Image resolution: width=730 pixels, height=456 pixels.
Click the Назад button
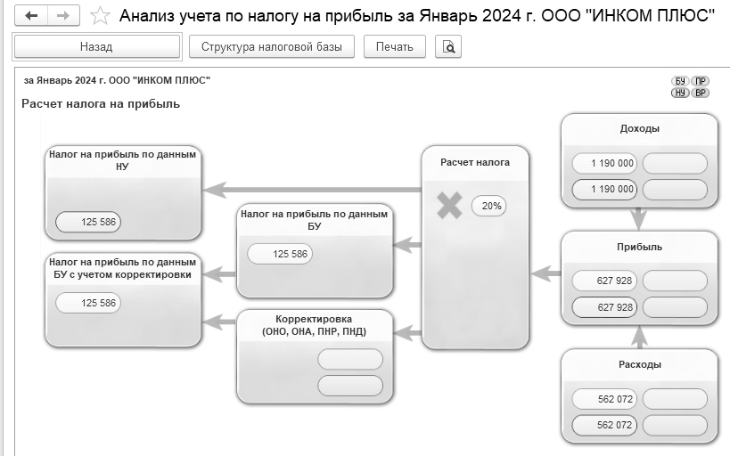[97, 46]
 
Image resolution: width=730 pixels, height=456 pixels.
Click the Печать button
[394, 46]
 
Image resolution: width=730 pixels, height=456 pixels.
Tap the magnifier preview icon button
[447, 46]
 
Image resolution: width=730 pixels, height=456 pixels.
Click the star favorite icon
[100, 16]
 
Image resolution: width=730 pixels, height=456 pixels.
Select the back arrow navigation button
[31, 16]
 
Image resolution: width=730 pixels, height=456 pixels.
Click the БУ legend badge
[680, 81]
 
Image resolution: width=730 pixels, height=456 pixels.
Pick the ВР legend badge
[700, 93]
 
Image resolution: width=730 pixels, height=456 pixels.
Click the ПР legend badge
[700, 81]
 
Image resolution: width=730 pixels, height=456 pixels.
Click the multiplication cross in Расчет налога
[449, 205]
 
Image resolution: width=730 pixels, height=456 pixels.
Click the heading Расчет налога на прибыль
[101, 104]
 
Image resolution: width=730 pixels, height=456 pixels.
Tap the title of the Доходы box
[639, 129]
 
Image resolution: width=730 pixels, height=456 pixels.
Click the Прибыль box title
[639, 247]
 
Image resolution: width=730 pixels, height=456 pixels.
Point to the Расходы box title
[640, 365]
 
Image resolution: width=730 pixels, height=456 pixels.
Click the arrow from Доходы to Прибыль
[639, 219]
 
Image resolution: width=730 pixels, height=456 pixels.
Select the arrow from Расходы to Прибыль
[639, 337]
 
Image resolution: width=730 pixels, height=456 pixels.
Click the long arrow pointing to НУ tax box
[312, 190]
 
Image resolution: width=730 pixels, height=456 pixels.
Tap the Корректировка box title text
[315, 325]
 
